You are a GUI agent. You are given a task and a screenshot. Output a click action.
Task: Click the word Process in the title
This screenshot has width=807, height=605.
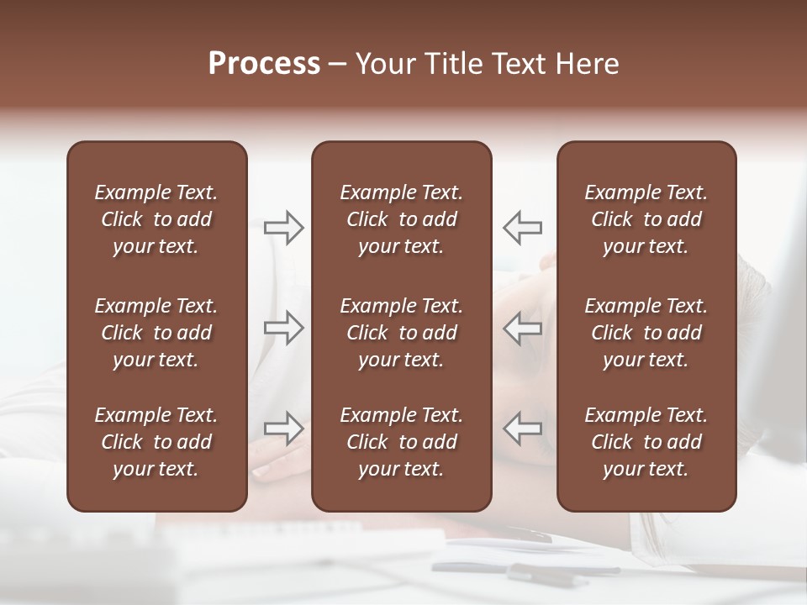click(264, 64)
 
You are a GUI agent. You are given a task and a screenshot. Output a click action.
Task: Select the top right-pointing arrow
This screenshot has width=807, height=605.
click(284, 228)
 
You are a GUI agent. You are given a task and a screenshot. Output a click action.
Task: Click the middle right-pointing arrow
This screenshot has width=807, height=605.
click(284, 327)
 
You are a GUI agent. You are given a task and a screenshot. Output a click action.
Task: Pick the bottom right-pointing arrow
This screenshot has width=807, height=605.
click(284, 428)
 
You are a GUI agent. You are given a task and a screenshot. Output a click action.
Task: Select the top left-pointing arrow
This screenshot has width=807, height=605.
click(523, 228)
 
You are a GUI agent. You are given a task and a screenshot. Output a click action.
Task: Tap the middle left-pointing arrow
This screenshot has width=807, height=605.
click(523, 327)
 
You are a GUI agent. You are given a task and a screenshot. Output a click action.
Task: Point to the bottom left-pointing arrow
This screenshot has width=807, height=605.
click(523, 428)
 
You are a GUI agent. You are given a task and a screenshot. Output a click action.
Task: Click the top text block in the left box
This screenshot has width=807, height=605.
click(156, 219)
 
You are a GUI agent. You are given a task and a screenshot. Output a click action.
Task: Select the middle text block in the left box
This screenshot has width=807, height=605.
click(156, 333)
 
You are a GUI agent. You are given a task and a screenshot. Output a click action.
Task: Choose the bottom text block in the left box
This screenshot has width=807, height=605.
click(156, 442)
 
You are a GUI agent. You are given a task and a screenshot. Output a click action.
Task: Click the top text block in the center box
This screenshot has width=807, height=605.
click(401, 219)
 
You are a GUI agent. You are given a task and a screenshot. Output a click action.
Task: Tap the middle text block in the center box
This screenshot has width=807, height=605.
click(401, 333)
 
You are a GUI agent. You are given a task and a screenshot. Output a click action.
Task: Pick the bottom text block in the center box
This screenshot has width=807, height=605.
click(401, 442)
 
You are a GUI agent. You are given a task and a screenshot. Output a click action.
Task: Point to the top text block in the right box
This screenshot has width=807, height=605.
click(646, 219)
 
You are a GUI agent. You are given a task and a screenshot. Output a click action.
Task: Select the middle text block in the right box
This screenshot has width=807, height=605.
click(646, 333)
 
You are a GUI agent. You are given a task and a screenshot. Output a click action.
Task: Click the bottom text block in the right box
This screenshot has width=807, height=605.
click(646, 442)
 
